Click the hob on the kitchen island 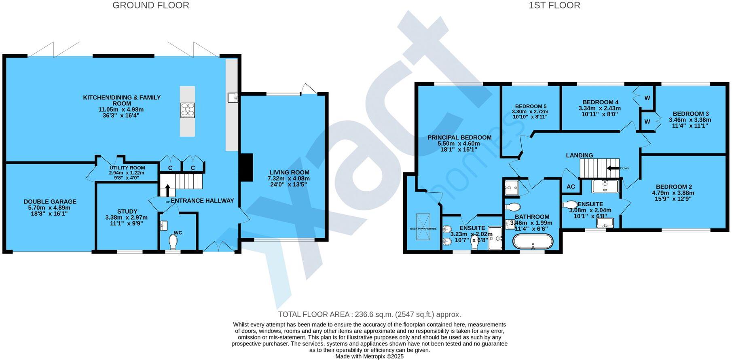click(x=188, y=110)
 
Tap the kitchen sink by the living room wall click(x=233, y=97)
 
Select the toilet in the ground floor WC click(x=173, y=243)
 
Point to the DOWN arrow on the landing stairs click(x=614, y=168)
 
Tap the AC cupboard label click(x=571, y=186)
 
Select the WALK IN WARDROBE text click(x=423, y=229)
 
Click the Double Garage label click(x=50, y=201)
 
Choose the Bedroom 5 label click(x=530, y=106)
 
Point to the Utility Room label click(x=127, y=168)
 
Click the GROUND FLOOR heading click(x=150, y=5)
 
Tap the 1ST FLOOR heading click(x=554, y=5)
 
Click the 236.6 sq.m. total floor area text click(x=369, y=314)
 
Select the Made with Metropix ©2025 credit click(x=369, y=356)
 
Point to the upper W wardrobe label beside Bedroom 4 click(x=647, y=98)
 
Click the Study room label click(x=127, y=211)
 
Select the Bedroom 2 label click(x=674, y=186)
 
